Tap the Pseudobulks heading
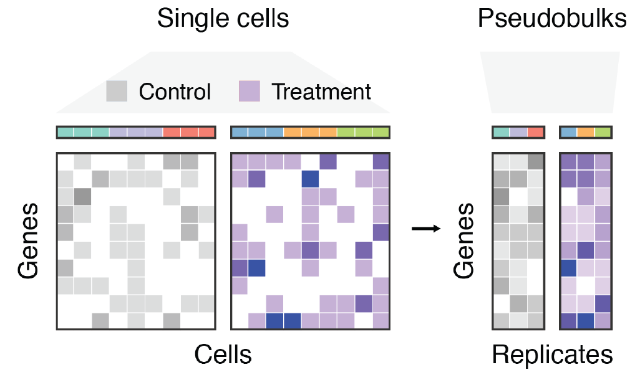(x=552, y=19)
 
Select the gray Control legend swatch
(x=117, y=91)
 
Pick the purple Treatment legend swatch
(x=249, y=91)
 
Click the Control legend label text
(x=175, y=92)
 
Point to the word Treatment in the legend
(x=321, y=92)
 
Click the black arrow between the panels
(x=426, y=229)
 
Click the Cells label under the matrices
(x=223, y=355)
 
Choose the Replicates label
(x=552, y=355)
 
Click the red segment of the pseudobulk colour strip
(x=535, y=132)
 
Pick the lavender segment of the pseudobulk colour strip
(x=518, y=132)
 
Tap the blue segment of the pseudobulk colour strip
(x=568, y=132)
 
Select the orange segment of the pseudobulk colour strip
(x=585, y=132)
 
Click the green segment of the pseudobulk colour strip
(x=603, y=132)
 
